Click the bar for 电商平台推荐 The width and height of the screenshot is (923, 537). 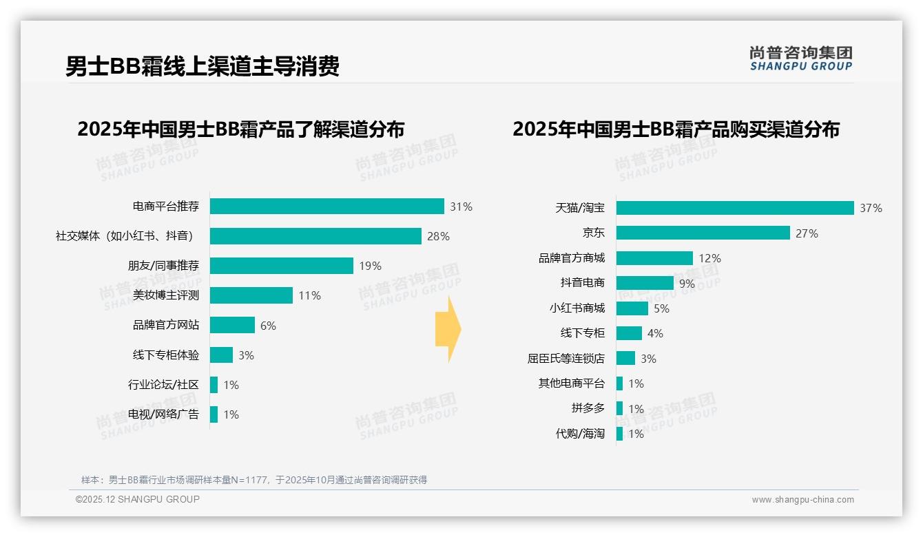point(326,207)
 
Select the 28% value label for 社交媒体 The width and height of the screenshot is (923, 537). point(438,236)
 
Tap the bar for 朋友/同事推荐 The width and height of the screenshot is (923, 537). point(281,266)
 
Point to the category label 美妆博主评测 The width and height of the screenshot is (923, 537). point(166,295)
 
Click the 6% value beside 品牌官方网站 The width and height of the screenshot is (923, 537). point(268,326)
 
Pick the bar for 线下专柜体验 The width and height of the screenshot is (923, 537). point(221,355)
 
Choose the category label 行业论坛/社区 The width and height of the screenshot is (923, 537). point(163,385)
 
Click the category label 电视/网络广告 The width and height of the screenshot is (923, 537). point(163,414)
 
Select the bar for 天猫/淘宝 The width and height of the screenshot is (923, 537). point(735,208)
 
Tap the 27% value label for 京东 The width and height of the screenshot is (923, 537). point(807,233)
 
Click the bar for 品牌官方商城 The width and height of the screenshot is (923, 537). point(654,258)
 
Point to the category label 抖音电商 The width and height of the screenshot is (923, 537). point(583,283)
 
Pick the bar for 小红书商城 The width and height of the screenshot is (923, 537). point(632,308)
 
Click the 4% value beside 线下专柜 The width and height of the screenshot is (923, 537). point(655,333)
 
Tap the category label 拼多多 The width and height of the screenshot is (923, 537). point(588,408)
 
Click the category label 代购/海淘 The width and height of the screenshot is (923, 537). point(580,434)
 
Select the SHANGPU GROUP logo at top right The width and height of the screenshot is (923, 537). point(800,59)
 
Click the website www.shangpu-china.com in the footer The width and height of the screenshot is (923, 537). point(802,500)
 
